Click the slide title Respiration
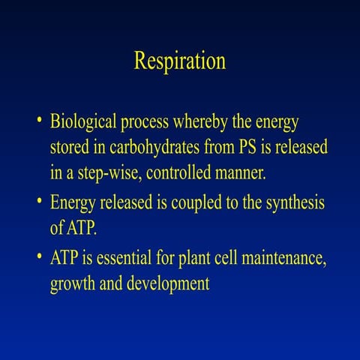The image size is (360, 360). pyautogui.click(x=179, y=61)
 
